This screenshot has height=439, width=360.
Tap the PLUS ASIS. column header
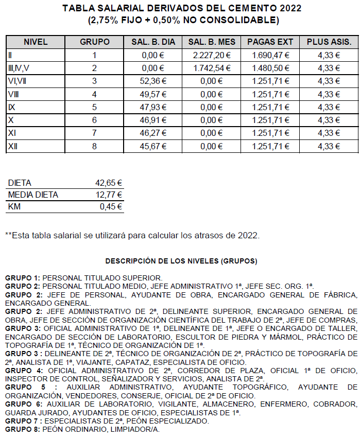[x=329, y=42]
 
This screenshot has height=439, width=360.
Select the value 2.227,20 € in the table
[x=212, y=55]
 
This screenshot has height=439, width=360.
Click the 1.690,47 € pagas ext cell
[x=271, y=55]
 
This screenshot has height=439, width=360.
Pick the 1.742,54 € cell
[x=212, y=68]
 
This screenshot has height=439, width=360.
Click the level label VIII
[x=13, y=94]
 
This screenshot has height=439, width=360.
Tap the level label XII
[x=13, y=146]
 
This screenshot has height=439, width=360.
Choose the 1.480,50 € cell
[x=271, y=68]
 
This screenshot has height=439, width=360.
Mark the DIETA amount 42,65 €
[x=109, y=183]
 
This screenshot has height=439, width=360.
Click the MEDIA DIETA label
[x=33, y=195]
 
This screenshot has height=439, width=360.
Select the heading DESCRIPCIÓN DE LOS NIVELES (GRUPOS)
[x=181, y=261]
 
